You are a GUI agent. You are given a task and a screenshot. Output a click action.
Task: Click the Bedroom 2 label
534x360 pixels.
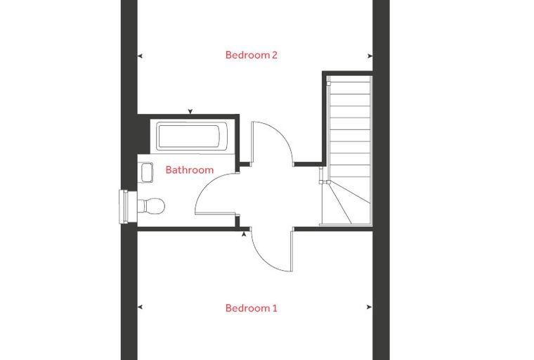point(252,55)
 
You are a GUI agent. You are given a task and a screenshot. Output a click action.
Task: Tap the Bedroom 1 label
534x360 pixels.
point(252,308)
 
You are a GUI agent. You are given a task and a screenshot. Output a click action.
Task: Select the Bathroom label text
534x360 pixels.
point(190,169)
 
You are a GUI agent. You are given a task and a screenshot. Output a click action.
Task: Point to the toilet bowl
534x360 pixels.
point(152,206)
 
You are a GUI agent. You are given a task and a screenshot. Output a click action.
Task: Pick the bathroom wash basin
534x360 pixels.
point(146,172)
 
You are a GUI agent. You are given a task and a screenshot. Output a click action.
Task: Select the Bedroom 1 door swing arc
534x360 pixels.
point(265,259)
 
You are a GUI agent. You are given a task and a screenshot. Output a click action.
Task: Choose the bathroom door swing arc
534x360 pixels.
point(206,187)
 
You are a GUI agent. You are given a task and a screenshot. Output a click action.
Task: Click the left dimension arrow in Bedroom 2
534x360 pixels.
point(140,56)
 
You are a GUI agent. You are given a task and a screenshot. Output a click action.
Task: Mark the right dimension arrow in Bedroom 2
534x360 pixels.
point(370,56)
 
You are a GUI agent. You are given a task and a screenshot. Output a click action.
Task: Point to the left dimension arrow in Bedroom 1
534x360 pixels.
point(140,307)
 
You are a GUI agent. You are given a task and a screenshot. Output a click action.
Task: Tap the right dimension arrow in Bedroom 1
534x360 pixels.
point(369,307)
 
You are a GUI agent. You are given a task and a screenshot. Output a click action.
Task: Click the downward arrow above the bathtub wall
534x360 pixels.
point(190,112)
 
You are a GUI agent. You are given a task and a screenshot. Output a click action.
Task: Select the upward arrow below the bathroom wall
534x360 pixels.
point(244,234)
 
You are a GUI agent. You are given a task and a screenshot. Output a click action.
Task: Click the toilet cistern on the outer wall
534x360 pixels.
point(123,207)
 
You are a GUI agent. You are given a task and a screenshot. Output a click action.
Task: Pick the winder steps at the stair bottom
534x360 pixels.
point(347,203)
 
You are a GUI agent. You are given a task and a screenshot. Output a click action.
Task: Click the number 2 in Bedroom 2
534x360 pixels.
point(275,55)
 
